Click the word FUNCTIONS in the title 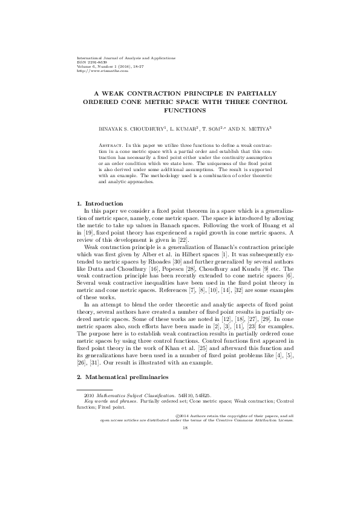point(180,111)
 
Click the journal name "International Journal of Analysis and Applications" point(123,57)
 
